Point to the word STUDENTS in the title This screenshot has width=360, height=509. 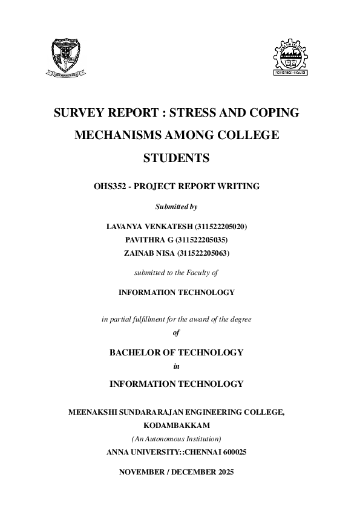coord(176,158)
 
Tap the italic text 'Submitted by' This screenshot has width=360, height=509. coord(176,207)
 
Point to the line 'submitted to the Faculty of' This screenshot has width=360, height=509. coord(176,273)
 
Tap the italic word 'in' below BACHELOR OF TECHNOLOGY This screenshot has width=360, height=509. coord(176,366)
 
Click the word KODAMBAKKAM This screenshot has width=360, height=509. coord(176,426)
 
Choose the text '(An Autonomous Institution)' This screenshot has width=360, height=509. coord(176,438)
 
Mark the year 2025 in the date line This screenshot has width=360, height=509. coord(221,471)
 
